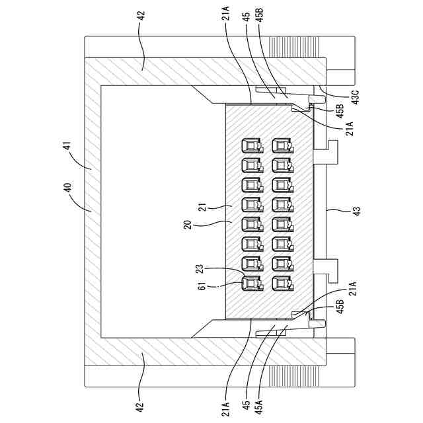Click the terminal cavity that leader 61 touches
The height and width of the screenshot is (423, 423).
[x=251, y=283]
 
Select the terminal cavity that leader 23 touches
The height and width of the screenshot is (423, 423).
[x=251, y=264]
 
